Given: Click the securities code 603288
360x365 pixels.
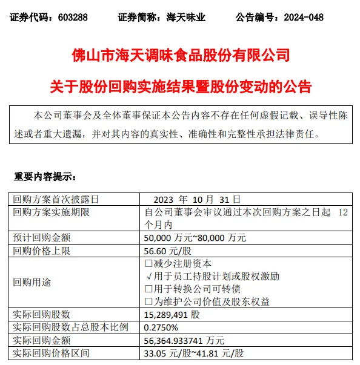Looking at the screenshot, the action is point(73,18).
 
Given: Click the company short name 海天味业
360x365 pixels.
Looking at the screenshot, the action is point(186,18).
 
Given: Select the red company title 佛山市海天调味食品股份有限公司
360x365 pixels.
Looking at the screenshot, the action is point(180,57).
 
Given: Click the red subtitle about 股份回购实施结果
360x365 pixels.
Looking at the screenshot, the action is point(180,87).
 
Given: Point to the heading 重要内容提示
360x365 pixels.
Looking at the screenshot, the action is point(45,177).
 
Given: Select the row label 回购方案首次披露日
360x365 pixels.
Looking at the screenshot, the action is point(56,199).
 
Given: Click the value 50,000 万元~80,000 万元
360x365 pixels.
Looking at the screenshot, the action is point(196,237).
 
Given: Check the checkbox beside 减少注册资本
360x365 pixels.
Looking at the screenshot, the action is point(148,263).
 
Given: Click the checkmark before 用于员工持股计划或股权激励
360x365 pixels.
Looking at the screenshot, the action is point(148,276).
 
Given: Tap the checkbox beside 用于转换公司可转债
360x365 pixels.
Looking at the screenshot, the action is point(148,288).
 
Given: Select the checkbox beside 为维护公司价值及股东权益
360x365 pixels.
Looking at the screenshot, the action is point(148,301).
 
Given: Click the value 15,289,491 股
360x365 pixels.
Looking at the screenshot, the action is point(173,314).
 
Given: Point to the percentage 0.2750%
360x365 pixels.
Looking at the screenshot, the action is point(162,327).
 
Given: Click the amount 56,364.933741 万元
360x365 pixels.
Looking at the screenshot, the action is point(187,340).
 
